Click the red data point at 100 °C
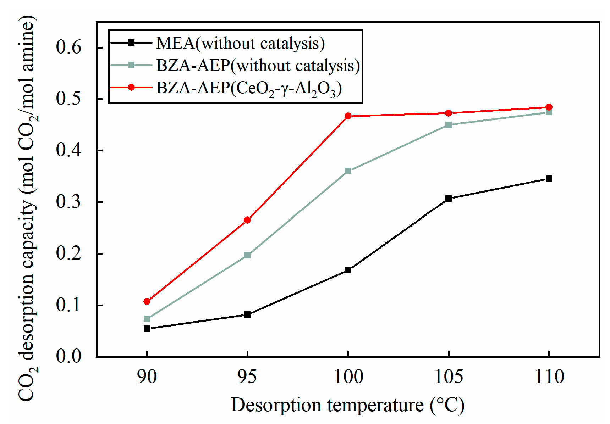[348, 116]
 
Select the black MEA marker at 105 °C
[449, 199]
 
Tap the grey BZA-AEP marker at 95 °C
[247, 255]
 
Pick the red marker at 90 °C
[147, 301]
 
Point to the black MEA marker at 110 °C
[549, 178]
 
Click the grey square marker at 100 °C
[348, 171]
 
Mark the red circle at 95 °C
[247, 220]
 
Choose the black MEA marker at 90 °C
[147, 329]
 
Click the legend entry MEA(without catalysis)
[240, 43]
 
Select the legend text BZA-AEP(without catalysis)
[258, 65]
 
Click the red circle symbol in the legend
[131, 87]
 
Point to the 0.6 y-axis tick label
[69, 47]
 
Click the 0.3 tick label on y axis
[69, 202]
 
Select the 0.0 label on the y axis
[69, 356]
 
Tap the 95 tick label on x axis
[247, 377]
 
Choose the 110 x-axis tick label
[549, 377]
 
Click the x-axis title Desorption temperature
[347, 405]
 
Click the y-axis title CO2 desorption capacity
[28, 209]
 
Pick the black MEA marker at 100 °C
[348, 270]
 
